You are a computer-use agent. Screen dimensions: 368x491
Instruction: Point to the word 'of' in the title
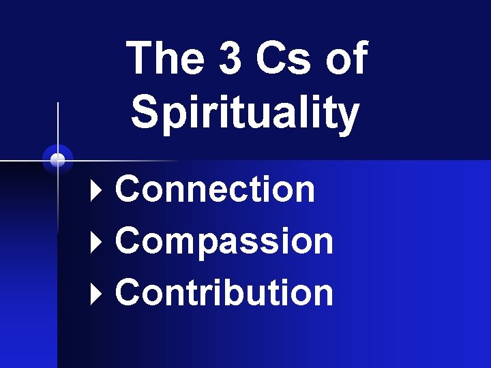click(346, 59)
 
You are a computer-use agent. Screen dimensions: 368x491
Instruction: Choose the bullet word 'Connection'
click(215, 189)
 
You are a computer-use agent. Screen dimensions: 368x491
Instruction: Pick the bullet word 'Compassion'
click(224, 241)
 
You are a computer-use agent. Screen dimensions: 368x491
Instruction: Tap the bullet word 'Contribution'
click(224, 292)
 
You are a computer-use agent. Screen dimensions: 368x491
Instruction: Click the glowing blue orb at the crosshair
click(58, 159)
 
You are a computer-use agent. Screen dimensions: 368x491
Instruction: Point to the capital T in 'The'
click(142, 59)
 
